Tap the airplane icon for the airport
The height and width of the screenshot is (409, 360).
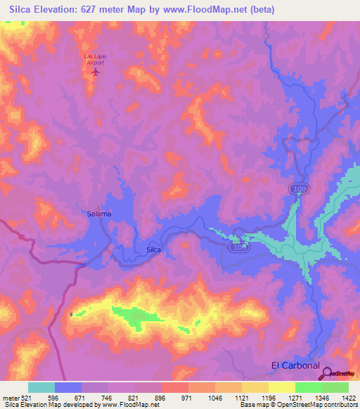coord(96,70)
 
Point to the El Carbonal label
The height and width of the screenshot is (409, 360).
coord(295,365)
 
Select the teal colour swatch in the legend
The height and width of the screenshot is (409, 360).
coord(41,387)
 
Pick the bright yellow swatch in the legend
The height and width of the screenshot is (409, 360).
coord(281,387)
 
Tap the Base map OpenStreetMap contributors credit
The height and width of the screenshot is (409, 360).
coord(297,404)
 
